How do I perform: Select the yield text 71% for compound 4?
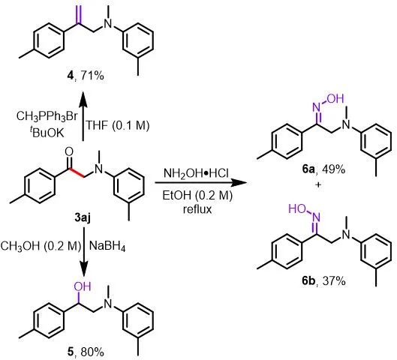92,76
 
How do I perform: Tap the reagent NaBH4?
107,246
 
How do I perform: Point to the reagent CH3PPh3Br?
47,117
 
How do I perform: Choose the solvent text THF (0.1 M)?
118,125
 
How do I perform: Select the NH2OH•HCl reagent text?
197,174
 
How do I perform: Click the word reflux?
197,209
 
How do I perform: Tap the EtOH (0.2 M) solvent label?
197,196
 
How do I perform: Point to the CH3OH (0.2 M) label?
41,246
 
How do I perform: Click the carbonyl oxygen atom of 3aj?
69,151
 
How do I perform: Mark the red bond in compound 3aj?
78,172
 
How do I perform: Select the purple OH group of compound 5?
82,286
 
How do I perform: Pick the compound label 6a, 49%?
323,169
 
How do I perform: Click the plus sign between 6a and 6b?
318,185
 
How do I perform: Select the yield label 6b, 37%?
323,280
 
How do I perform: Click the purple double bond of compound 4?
80,15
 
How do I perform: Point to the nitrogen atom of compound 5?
109,304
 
